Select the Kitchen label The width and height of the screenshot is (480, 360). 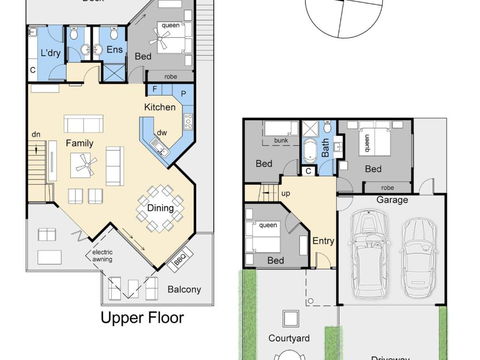click(160, 107)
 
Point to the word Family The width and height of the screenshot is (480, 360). click(80, 143)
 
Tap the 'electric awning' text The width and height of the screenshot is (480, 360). click(110, 260)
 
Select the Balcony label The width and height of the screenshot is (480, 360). click(183, 291)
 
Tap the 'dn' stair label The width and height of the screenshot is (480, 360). click(35, 134)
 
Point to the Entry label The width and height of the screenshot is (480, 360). click(323, 240)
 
